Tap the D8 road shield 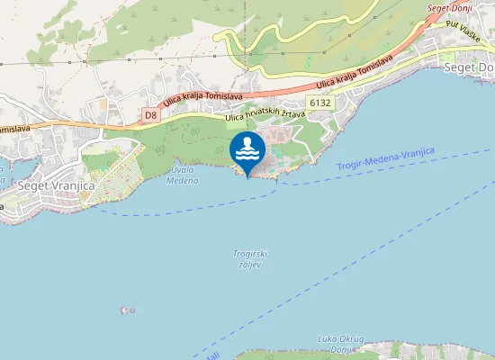tap(150, 115)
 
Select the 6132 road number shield tap(319, 103)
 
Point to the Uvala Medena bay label tap(184, 175)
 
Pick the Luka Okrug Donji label tap(340, 343)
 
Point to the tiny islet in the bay tap(125, 310)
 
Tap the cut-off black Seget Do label tap(472, 67)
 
